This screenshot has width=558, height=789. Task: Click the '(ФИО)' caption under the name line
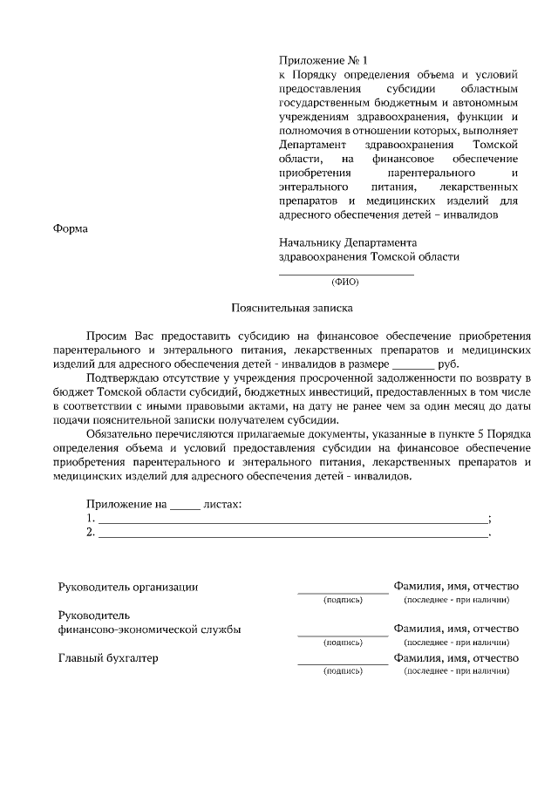click(345, 282)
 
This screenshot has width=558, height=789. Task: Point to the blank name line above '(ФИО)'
click(346, 274)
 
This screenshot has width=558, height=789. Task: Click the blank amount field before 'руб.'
click(413, 364)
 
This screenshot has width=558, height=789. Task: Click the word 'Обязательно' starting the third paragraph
click(120, 434)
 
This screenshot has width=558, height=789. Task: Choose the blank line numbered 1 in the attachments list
click(293, 520)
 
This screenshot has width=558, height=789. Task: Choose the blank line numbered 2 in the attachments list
click(293, 534)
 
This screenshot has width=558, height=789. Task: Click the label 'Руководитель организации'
click(128, 587)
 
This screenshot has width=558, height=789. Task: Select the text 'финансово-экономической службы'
click(149, 629)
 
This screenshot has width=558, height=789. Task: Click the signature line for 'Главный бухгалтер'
click(343, 664)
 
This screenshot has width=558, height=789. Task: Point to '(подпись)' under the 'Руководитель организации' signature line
click(343, 601)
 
